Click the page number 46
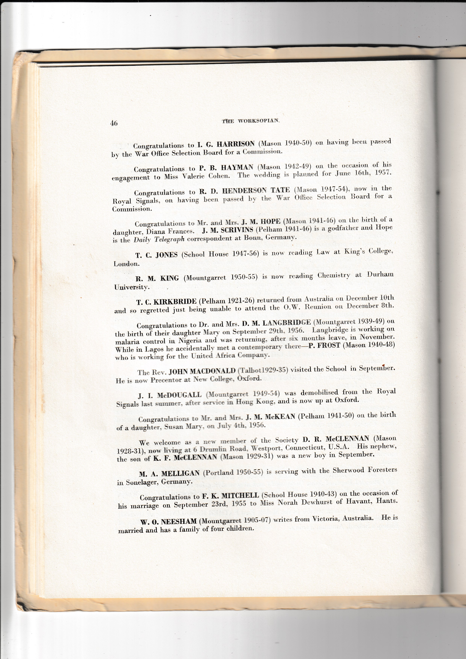coord(114,123)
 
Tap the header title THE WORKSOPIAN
coord(250,121)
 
